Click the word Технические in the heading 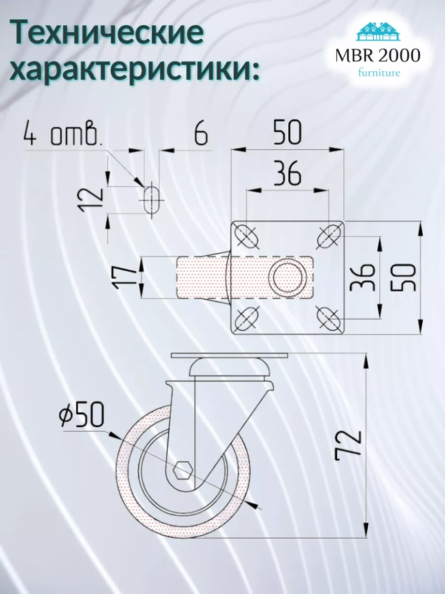107,34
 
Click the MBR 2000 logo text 378,55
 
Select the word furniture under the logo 378,73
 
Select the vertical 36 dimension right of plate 364,277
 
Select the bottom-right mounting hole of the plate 328,318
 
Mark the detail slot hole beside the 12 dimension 152,199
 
